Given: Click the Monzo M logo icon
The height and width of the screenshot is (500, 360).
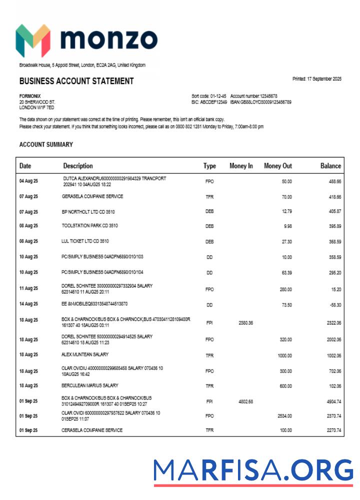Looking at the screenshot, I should pyautogui.click(x=33, y=40).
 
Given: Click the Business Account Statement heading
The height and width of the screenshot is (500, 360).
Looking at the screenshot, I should pyautogui.click(x=76, y=81).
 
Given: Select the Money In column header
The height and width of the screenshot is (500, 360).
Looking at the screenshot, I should pyautogui.click(x=241, y=166).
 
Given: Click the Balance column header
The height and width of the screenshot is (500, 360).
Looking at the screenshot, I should pyautogui.click(x=330, y=166).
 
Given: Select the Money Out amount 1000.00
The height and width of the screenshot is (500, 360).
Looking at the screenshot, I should pyautogui.click(x=284, y=355).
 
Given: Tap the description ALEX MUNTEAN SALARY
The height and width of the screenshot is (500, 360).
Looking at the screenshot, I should pyautogui.click(x=85, y=354).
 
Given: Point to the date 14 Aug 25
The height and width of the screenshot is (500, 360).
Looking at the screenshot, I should pyautogui.click(x=28, y=304).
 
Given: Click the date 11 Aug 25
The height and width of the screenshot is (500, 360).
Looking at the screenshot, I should pyautogui.click(x=28, y=288).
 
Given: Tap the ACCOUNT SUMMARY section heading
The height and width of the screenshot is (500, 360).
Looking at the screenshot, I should pyautogui.click(x=46, y=144).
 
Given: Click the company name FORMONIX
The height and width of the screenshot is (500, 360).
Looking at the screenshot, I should pyautogui.click(x=30, y=96).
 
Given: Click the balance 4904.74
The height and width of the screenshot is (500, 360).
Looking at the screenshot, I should pyautogui.click(x=331, y=401).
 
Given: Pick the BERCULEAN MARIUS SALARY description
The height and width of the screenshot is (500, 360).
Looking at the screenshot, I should pyautogui.click(x=90, y=385).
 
